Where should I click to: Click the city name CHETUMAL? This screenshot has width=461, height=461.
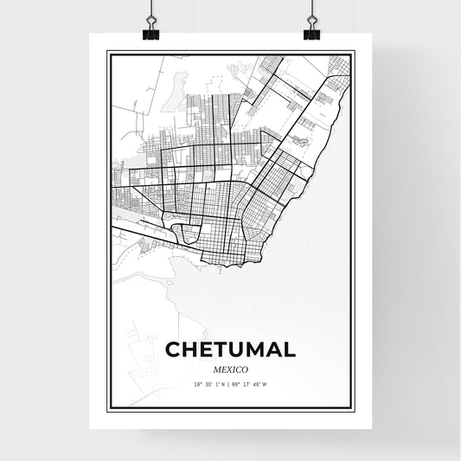click(229, 349)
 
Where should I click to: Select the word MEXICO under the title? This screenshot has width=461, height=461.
click(229, 368)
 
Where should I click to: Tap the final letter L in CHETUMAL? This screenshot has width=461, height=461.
click(287, 349)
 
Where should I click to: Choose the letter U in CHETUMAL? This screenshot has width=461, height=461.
click(237, 349)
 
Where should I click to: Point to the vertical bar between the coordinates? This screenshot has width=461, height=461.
click(230, 383)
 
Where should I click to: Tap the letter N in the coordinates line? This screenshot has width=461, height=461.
click(223, 383)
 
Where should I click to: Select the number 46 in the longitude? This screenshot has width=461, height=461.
click(255, 383)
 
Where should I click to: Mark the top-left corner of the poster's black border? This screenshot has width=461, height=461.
click(107, 52)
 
